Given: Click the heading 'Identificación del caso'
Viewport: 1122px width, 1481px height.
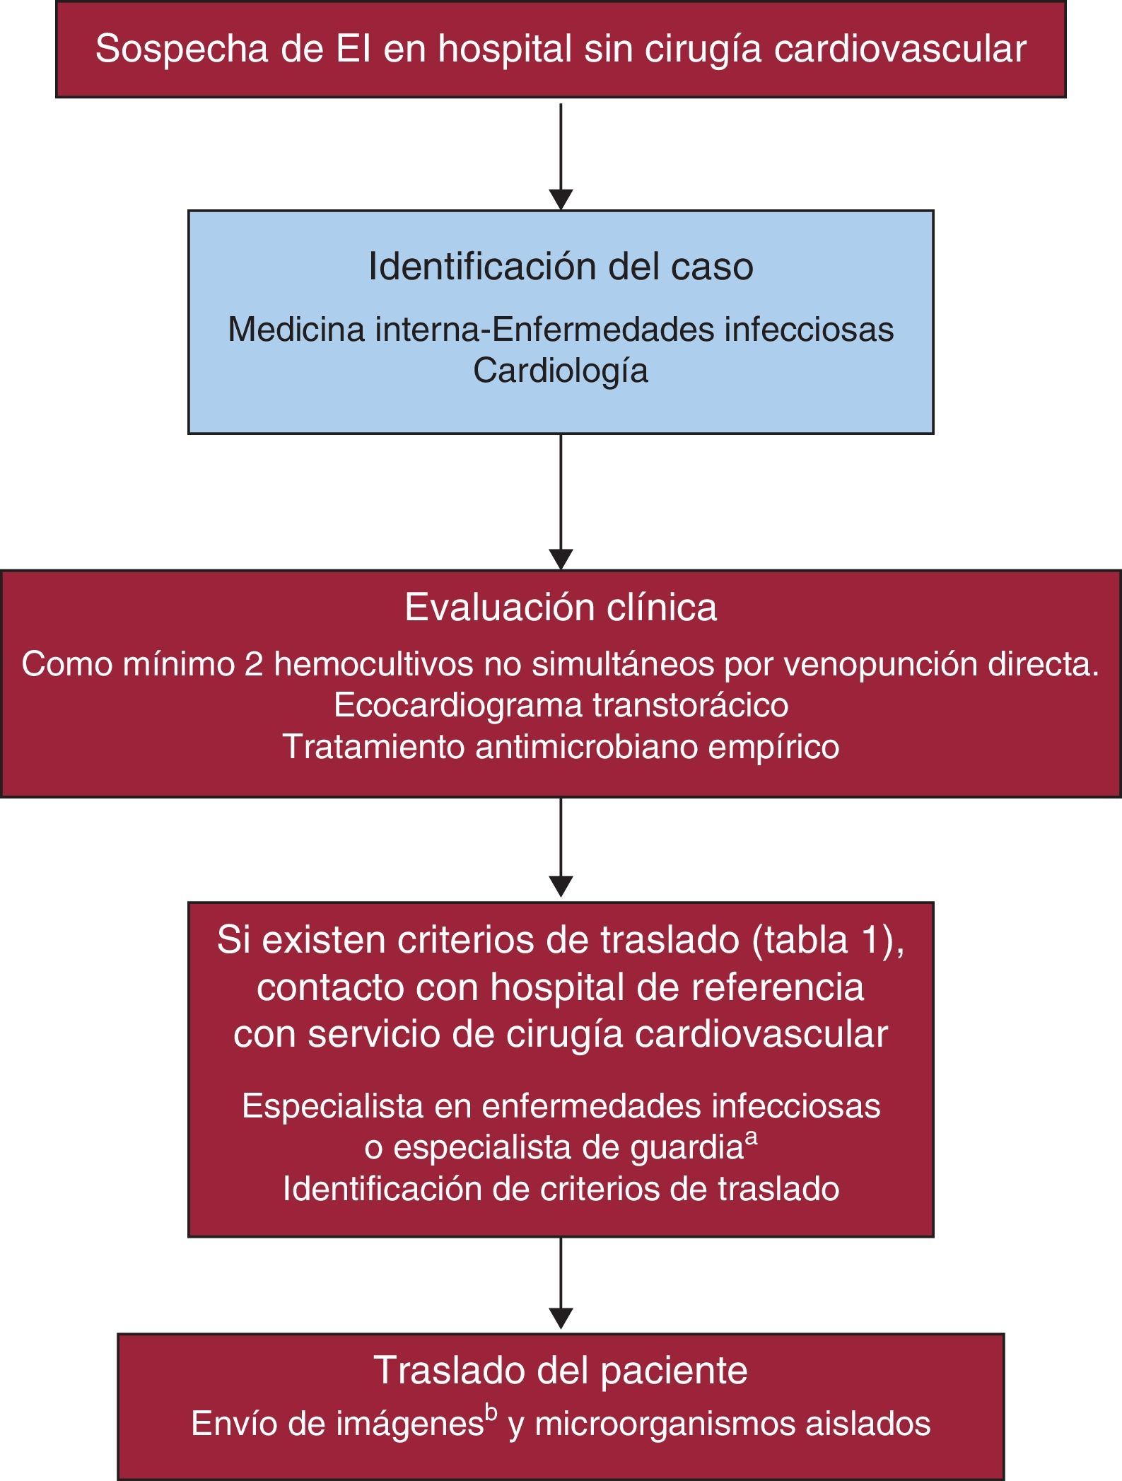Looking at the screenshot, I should pyautogui.click(x=561, y=267).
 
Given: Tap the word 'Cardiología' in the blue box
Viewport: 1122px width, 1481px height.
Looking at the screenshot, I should pyautogui.click(x=561, y=371).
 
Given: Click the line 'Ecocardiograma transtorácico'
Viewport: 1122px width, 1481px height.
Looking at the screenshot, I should pyautogui.click(x=561, y=705).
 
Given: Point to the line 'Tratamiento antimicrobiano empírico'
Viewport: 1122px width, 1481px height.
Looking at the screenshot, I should pyautogui.click(x=561, y=747).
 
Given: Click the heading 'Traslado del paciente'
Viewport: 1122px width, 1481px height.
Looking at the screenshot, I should pyautogui.click(x=561, y=1369).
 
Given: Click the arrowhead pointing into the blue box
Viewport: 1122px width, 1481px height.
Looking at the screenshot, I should pyautogui.click(x=561, y=200).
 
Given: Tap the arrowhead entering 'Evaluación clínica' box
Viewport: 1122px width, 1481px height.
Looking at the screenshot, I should pyautogui.click(x=561, y=560).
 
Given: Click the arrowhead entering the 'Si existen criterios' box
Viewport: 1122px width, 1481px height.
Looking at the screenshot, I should pyautogui.click(x=561, y=887).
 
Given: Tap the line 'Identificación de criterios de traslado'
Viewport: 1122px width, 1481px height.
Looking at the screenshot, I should pyautogui.click(x=561, y=1189).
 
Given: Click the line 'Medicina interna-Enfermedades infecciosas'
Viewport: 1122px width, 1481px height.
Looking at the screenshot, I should pyautogui.click(x=561, y=330).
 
